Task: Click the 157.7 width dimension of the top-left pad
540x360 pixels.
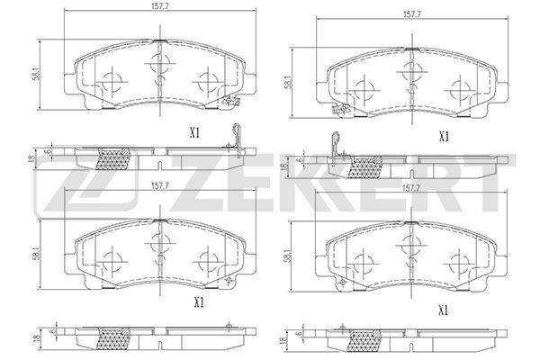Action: pyautogui.click(x=159, y=6)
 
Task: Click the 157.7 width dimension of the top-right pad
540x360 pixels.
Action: pyautogui.click(x=411, y=14)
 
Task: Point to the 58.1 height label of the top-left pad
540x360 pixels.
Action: pyautogui.click(x=38, y=74)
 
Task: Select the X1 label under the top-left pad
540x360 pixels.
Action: pyautogui.click(x=195, y=133)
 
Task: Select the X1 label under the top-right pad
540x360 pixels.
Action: pyautogui.click(x=444, y=137)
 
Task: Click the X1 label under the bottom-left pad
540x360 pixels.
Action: pyautogui.click(x=199, y=302)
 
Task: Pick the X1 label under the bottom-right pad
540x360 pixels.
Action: pyautogui.click(x=444, y=311)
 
